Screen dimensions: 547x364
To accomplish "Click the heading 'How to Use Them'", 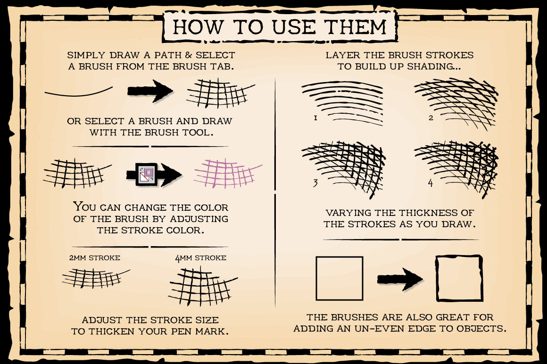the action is pos(280,26).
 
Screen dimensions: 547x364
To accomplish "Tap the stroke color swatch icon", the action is pos(147,174).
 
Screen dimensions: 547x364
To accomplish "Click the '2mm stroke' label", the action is pos(94,258).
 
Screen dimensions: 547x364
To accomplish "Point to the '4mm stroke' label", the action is pos(200,258).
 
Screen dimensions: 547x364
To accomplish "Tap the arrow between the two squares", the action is pos(400,279).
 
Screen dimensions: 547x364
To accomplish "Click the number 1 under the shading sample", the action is pos(316,118).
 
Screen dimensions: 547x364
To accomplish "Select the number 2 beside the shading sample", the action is pos(431,118).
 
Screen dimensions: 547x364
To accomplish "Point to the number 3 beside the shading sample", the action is pos(315,182).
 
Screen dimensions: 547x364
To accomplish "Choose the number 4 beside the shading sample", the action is pos(431,182).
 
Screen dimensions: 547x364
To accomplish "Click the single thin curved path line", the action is pos(78,93).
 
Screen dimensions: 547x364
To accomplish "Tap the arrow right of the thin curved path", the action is pos(150,91).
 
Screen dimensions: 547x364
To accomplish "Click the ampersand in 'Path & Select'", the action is pos(188,55).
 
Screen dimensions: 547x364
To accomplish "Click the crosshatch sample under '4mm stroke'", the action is pos(202,285).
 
